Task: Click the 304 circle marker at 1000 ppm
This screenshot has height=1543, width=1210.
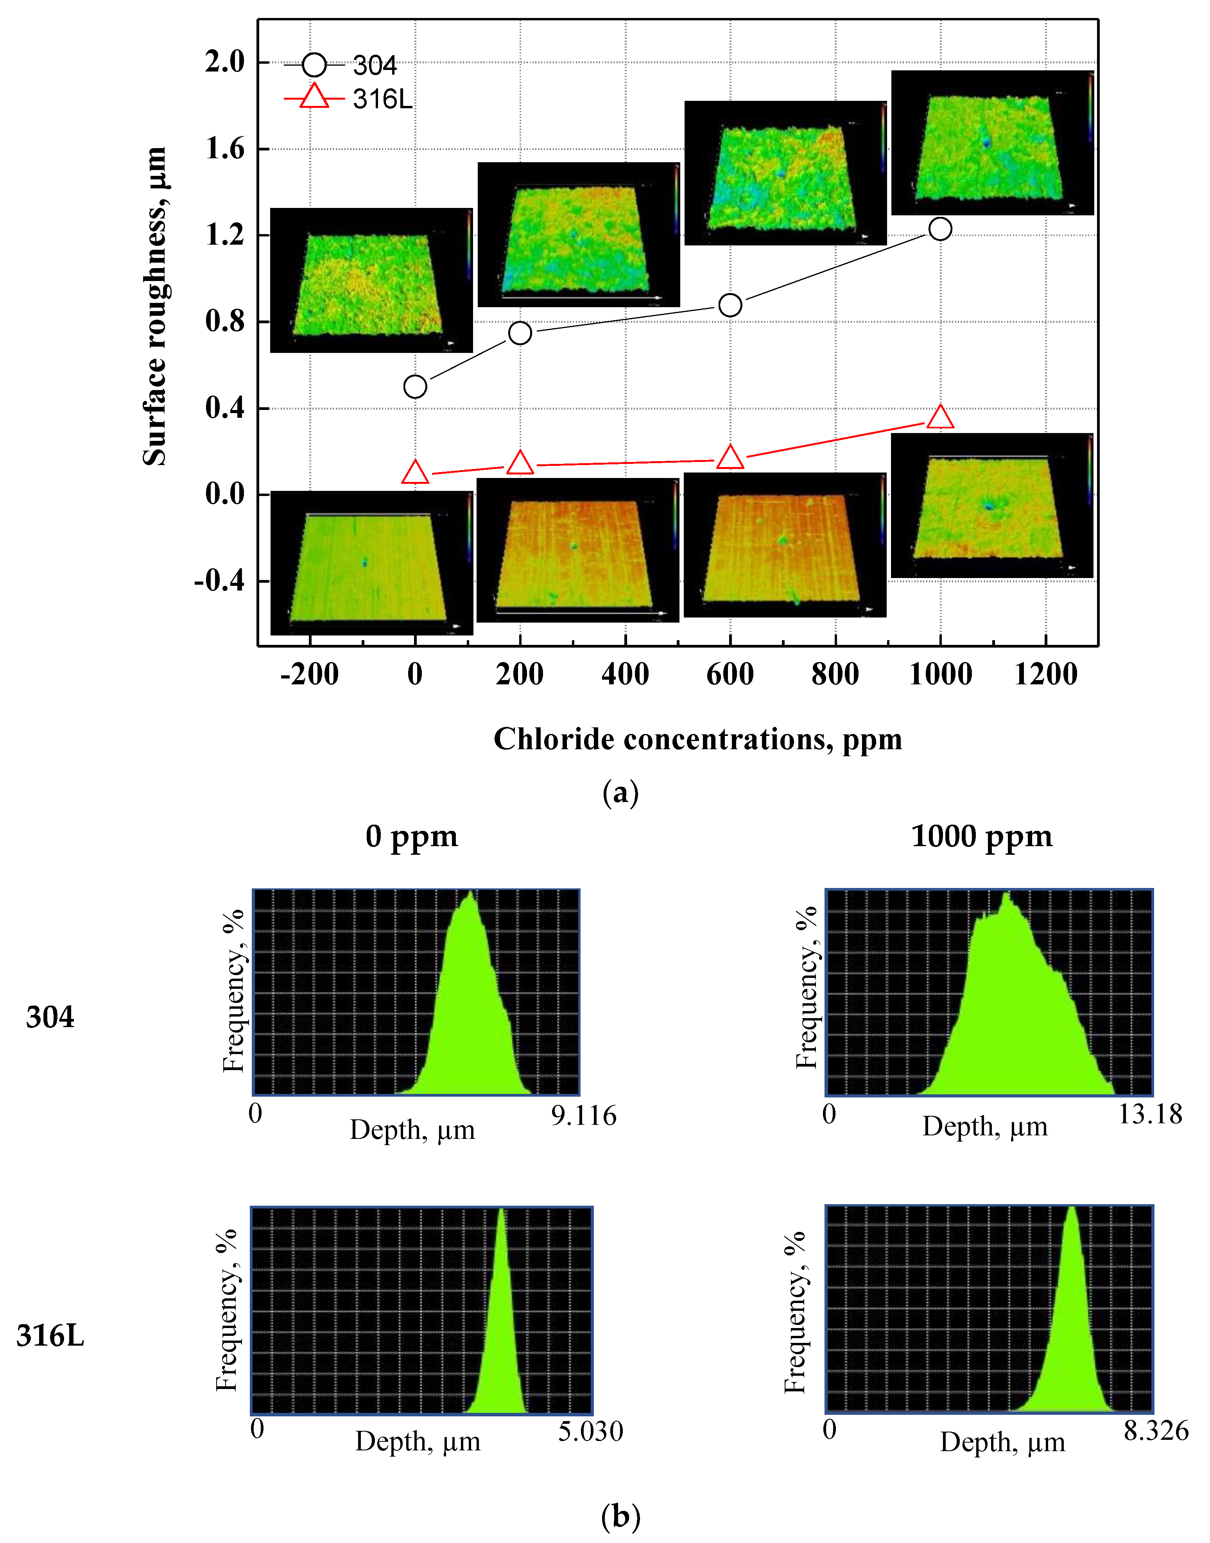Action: click(x=940, y=229)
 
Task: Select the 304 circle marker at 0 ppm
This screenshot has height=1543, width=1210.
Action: click(x=415, y=387)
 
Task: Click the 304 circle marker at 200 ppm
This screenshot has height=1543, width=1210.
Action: click(x=520, y=333)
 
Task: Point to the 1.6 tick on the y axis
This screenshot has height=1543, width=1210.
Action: click(x=224, y=149)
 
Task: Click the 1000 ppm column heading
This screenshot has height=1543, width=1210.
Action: click(x=981, y=836)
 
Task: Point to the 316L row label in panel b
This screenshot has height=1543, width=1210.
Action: click(x=50, y=1335)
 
